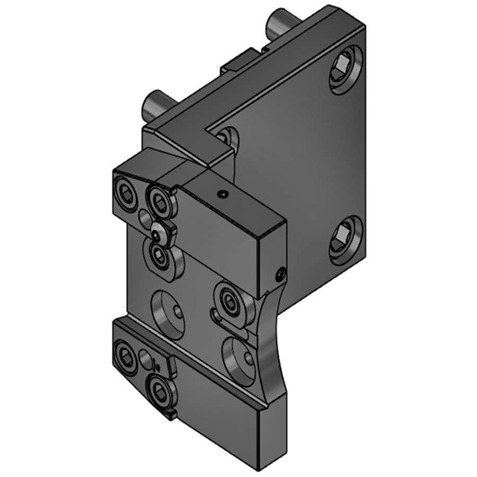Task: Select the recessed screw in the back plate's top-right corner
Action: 345,69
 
